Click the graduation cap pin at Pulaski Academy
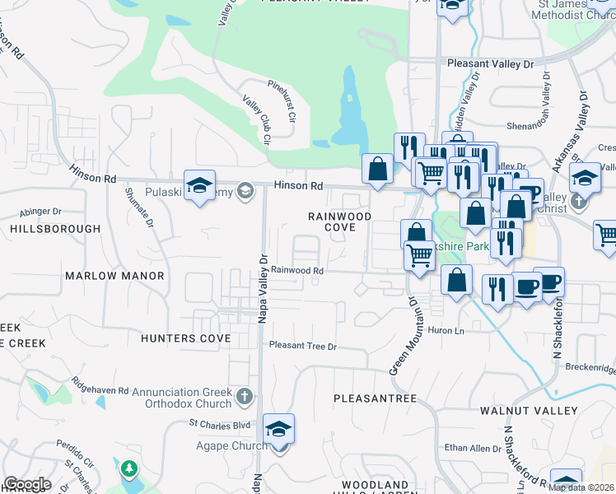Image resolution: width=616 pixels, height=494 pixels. [199, 186]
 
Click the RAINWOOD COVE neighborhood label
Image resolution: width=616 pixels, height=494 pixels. [339, 221]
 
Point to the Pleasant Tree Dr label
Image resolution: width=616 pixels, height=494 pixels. [302, 347]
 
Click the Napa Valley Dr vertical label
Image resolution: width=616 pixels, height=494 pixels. [263, 288]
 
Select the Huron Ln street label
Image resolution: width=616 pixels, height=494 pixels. [446, 331]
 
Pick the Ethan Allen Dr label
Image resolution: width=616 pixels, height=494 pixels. [473, 449]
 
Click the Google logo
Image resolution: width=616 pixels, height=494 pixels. [26, 484]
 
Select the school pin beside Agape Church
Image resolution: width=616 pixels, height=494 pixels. [279, 430]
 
